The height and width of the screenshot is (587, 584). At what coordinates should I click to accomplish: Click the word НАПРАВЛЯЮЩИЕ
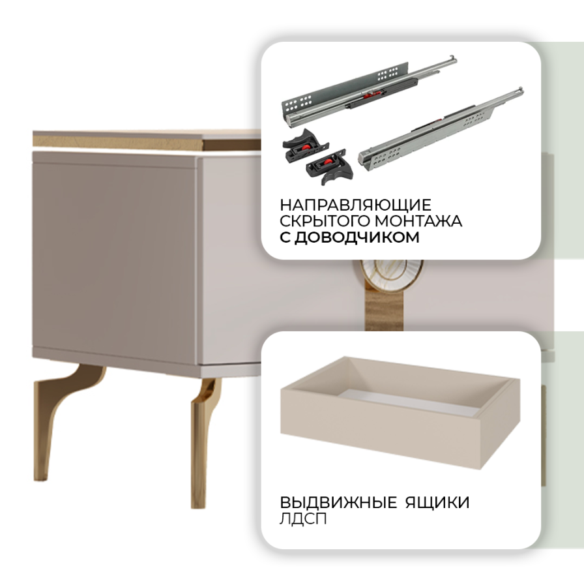click(x=355, y=205)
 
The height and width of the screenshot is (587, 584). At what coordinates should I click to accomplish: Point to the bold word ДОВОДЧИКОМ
click(x=357, y=237)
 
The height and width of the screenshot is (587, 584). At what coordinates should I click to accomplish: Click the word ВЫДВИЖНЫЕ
click(x=338, y=502)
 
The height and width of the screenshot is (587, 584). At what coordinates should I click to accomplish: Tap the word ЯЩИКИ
click(x=437, y=502)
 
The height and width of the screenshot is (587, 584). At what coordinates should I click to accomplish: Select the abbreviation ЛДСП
click(x=303, y=519)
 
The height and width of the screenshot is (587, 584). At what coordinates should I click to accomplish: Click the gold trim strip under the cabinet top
click(x=146, y=143)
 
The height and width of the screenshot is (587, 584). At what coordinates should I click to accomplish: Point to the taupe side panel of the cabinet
click(x=115, y=258)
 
